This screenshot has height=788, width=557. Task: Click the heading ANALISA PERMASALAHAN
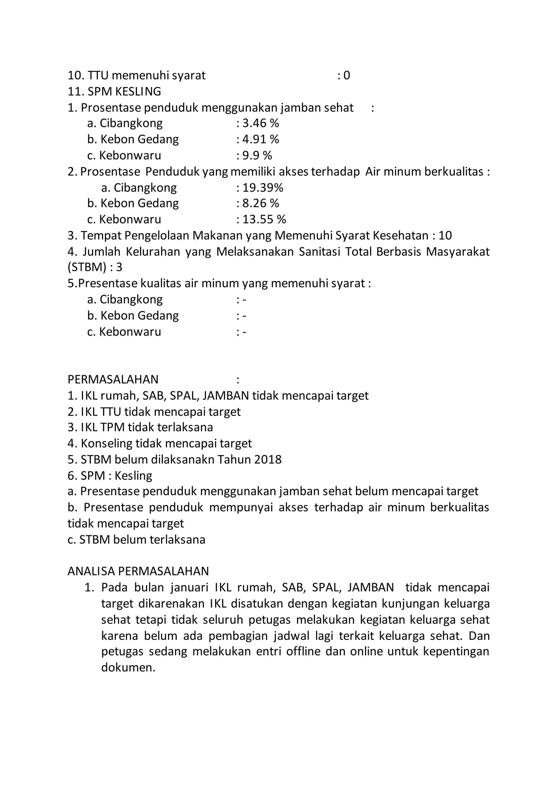138,571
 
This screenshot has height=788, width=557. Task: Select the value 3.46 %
261,123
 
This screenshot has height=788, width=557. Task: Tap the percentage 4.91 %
261,139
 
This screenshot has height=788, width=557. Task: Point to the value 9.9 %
257,155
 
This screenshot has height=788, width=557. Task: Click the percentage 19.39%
263,187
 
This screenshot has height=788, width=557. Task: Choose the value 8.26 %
261,203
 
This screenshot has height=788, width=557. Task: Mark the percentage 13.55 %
264,219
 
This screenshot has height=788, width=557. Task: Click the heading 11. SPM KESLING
114,91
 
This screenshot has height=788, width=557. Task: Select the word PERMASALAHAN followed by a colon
113,379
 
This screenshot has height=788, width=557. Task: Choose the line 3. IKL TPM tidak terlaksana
140,427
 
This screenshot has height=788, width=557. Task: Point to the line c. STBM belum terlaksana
136,540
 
